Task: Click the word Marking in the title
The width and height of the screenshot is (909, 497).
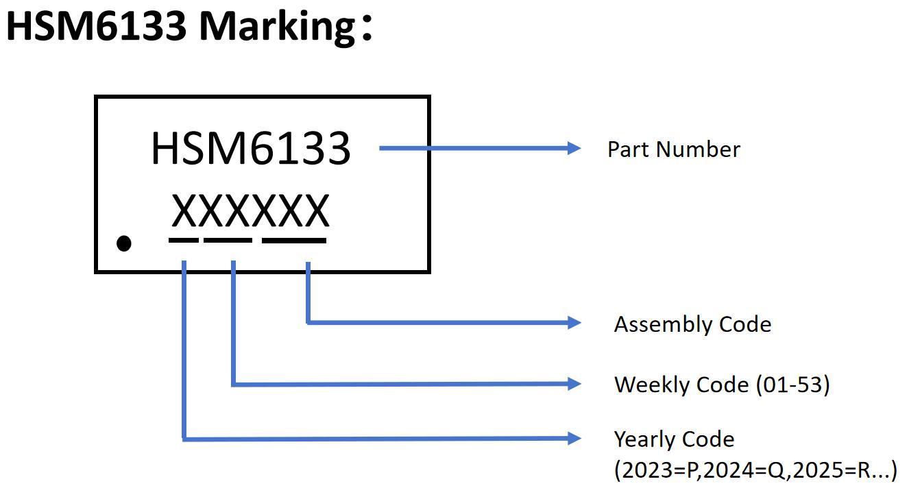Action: (277, 26)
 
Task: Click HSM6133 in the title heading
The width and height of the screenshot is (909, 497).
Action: (96, 26)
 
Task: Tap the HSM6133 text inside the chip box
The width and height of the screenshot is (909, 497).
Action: (250, 148)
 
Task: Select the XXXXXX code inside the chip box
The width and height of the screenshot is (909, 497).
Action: (250, 211)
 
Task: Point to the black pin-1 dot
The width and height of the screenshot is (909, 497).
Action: (124, 243)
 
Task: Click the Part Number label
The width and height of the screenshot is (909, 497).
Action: (673, 149)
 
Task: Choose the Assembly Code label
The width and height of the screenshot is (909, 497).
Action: (692, 324)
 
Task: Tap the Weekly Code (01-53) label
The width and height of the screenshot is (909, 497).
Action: (722, 385)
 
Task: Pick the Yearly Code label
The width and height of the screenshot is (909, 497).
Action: (674, 439)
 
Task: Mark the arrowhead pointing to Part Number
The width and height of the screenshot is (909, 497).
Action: (574, 148)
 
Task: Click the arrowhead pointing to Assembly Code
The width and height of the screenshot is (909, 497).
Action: (574, 322)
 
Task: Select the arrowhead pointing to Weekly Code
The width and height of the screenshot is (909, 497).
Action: (574, 384)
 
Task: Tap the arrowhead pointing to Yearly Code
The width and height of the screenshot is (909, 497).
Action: (574, 439)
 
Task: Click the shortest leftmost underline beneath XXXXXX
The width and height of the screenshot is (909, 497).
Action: (184, 241)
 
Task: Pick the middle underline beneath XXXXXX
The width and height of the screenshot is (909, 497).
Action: (228, 241)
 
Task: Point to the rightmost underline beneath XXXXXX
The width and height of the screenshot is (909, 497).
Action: (294, 241)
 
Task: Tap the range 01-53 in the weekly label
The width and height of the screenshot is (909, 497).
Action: (792, 385)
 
